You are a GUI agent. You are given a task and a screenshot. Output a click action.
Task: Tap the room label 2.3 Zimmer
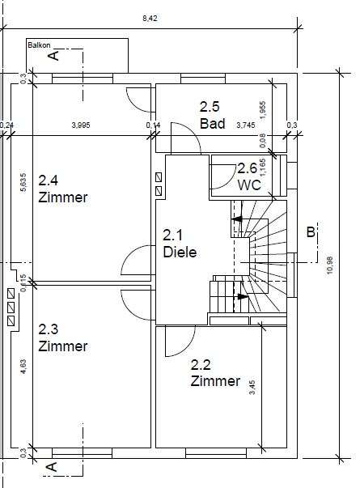point(62,337)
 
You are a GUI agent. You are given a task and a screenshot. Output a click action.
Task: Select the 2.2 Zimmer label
point(215,373)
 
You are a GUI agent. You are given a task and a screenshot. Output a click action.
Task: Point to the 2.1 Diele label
point(180,243)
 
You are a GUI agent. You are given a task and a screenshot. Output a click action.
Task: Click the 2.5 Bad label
point(212,114)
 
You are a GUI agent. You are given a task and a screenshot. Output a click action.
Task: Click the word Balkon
point(38,46)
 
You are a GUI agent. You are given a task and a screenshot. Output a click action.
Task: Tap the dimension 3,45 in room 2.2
point(253,386)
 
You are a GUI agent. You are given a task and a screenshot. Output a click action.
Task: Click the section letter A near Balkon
point(53,55)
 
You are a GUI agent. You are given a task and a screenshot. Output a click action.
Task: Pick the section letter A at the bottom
point(53,467)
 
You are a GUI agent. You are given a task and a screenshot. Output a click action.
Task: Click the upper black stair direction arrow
point(236,218)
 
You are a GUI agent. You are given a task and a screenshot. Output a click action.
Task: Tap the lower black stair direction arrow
point(242,296)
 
